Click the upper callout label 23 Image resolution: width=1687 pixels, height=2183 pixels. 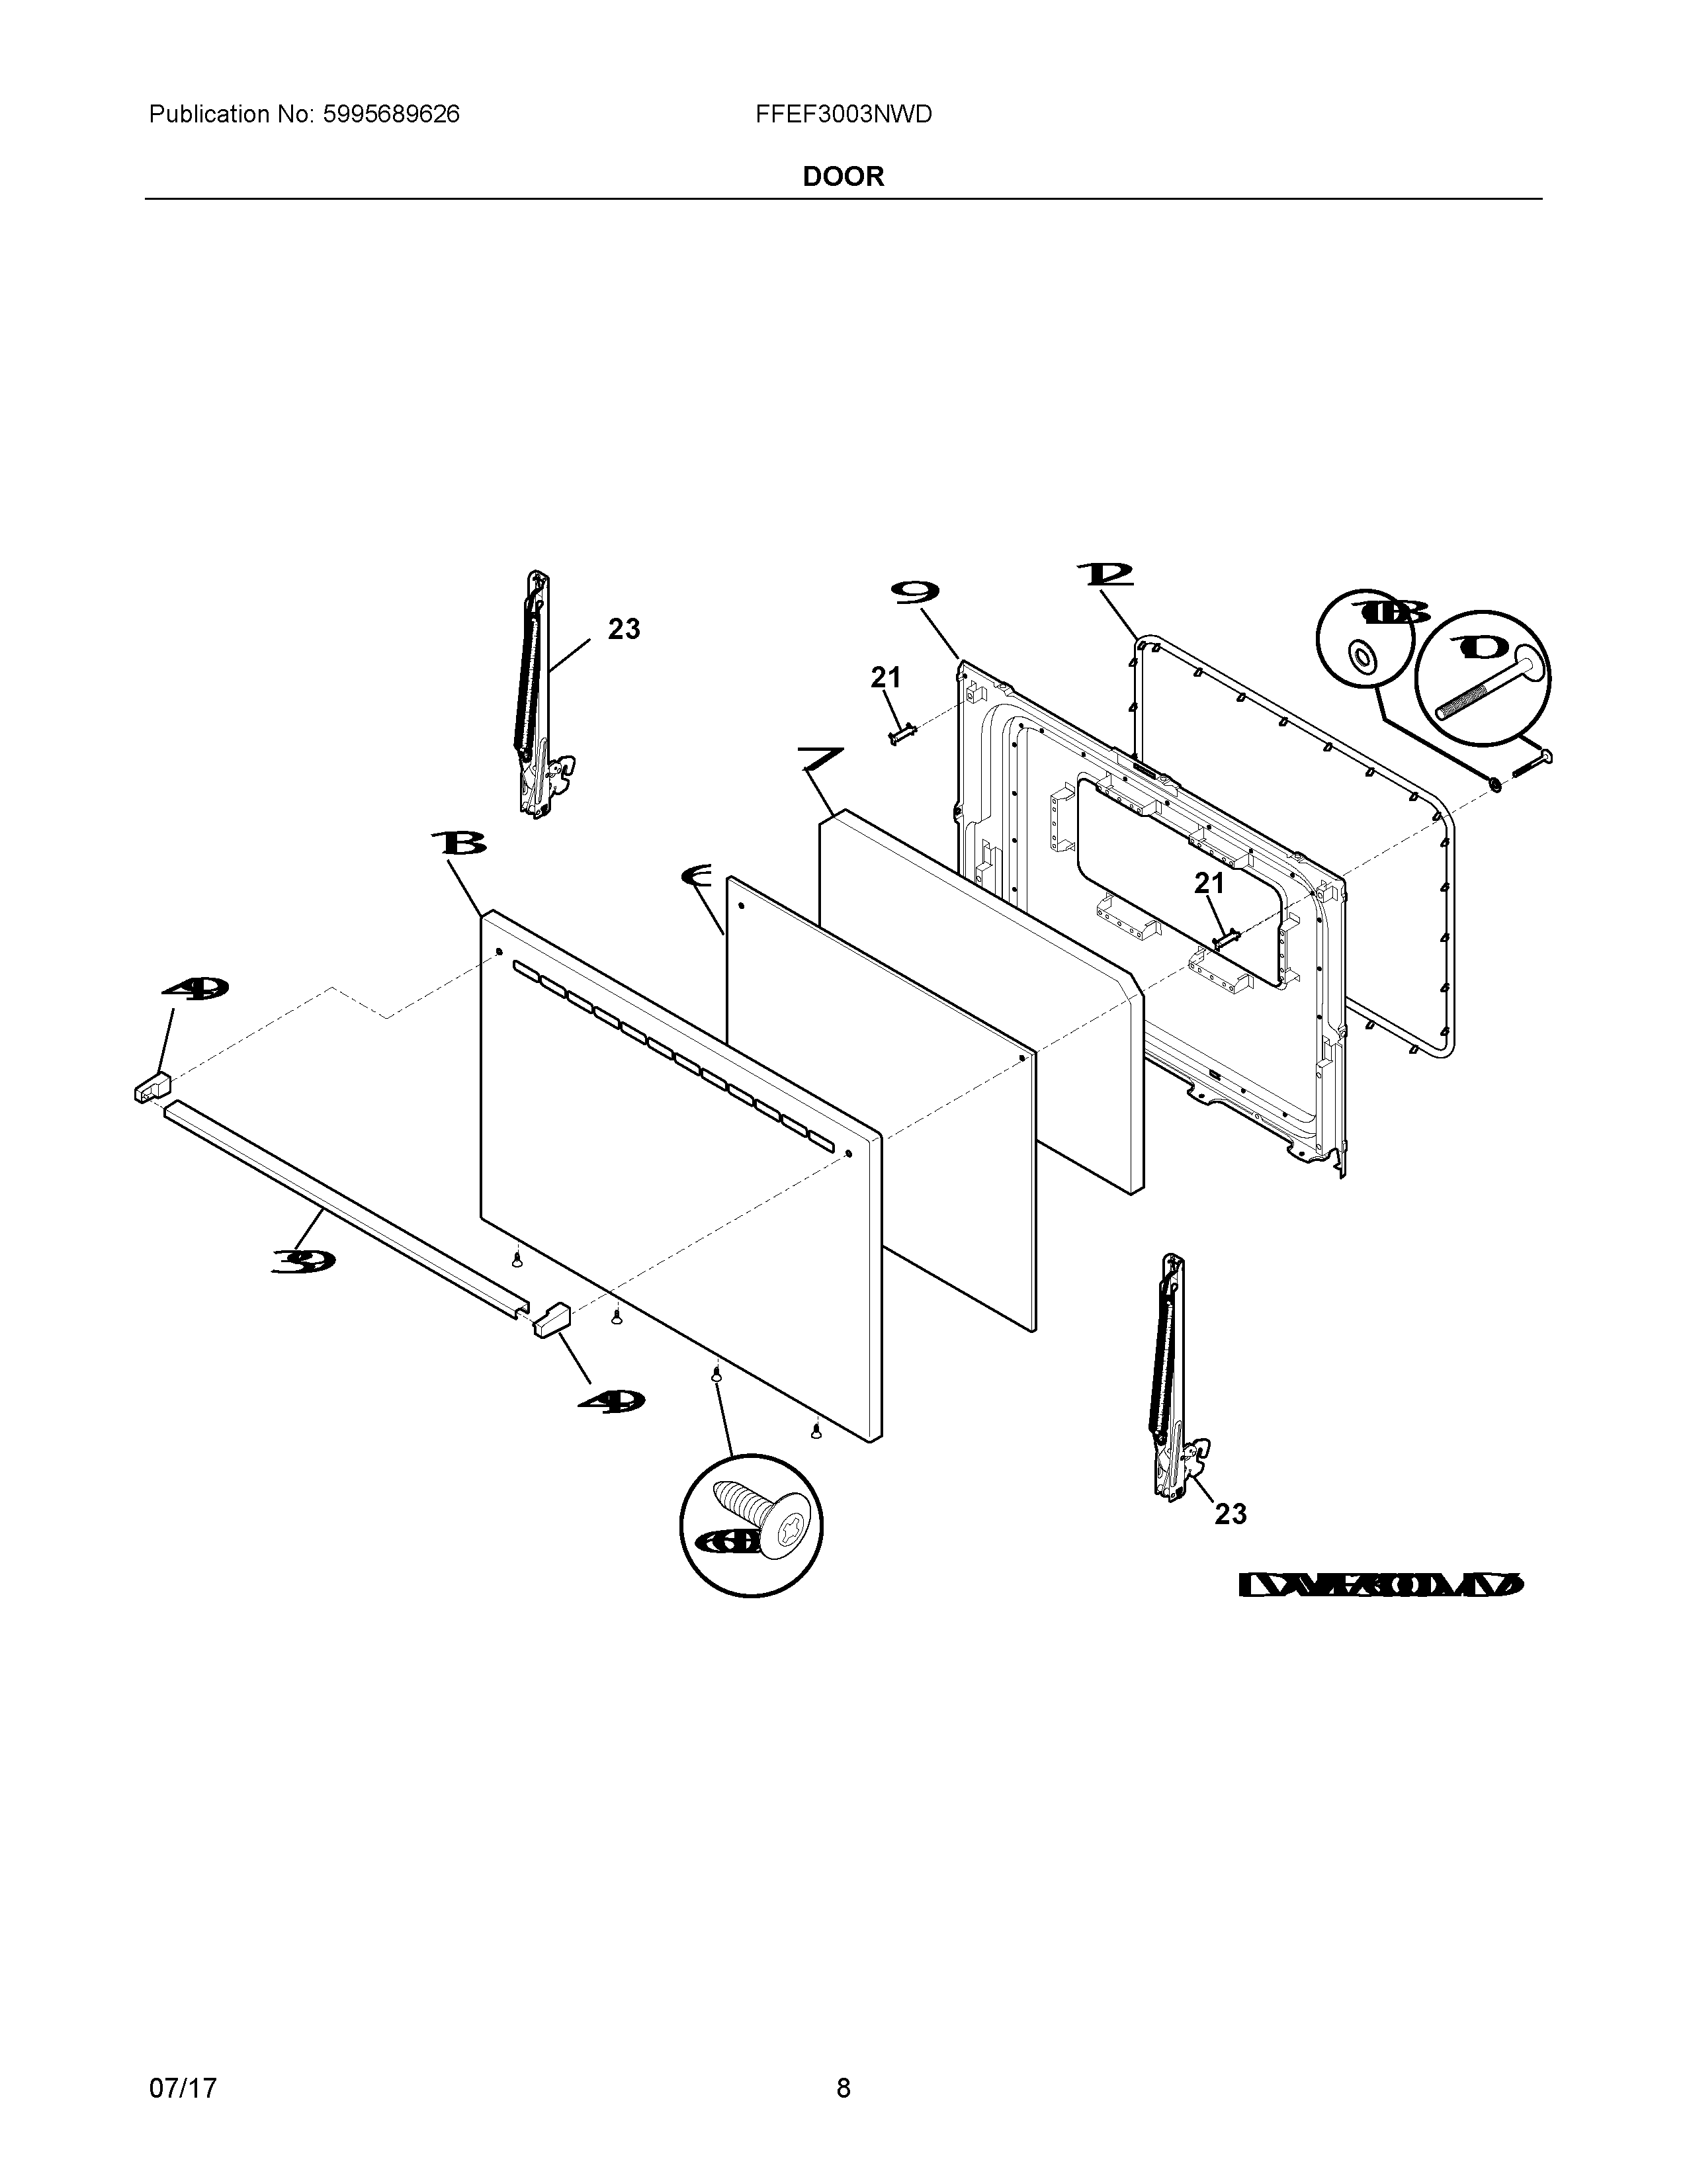[x=624, y=628]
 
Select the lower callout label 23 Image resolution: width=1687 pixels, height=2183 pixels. [x=1231, y=1514]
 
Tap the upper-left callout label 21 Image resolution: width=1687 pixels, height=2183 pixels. [x=885, y=677]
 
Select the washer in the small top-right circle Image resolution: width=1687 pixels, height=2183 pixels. [x=1362, y=657]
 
